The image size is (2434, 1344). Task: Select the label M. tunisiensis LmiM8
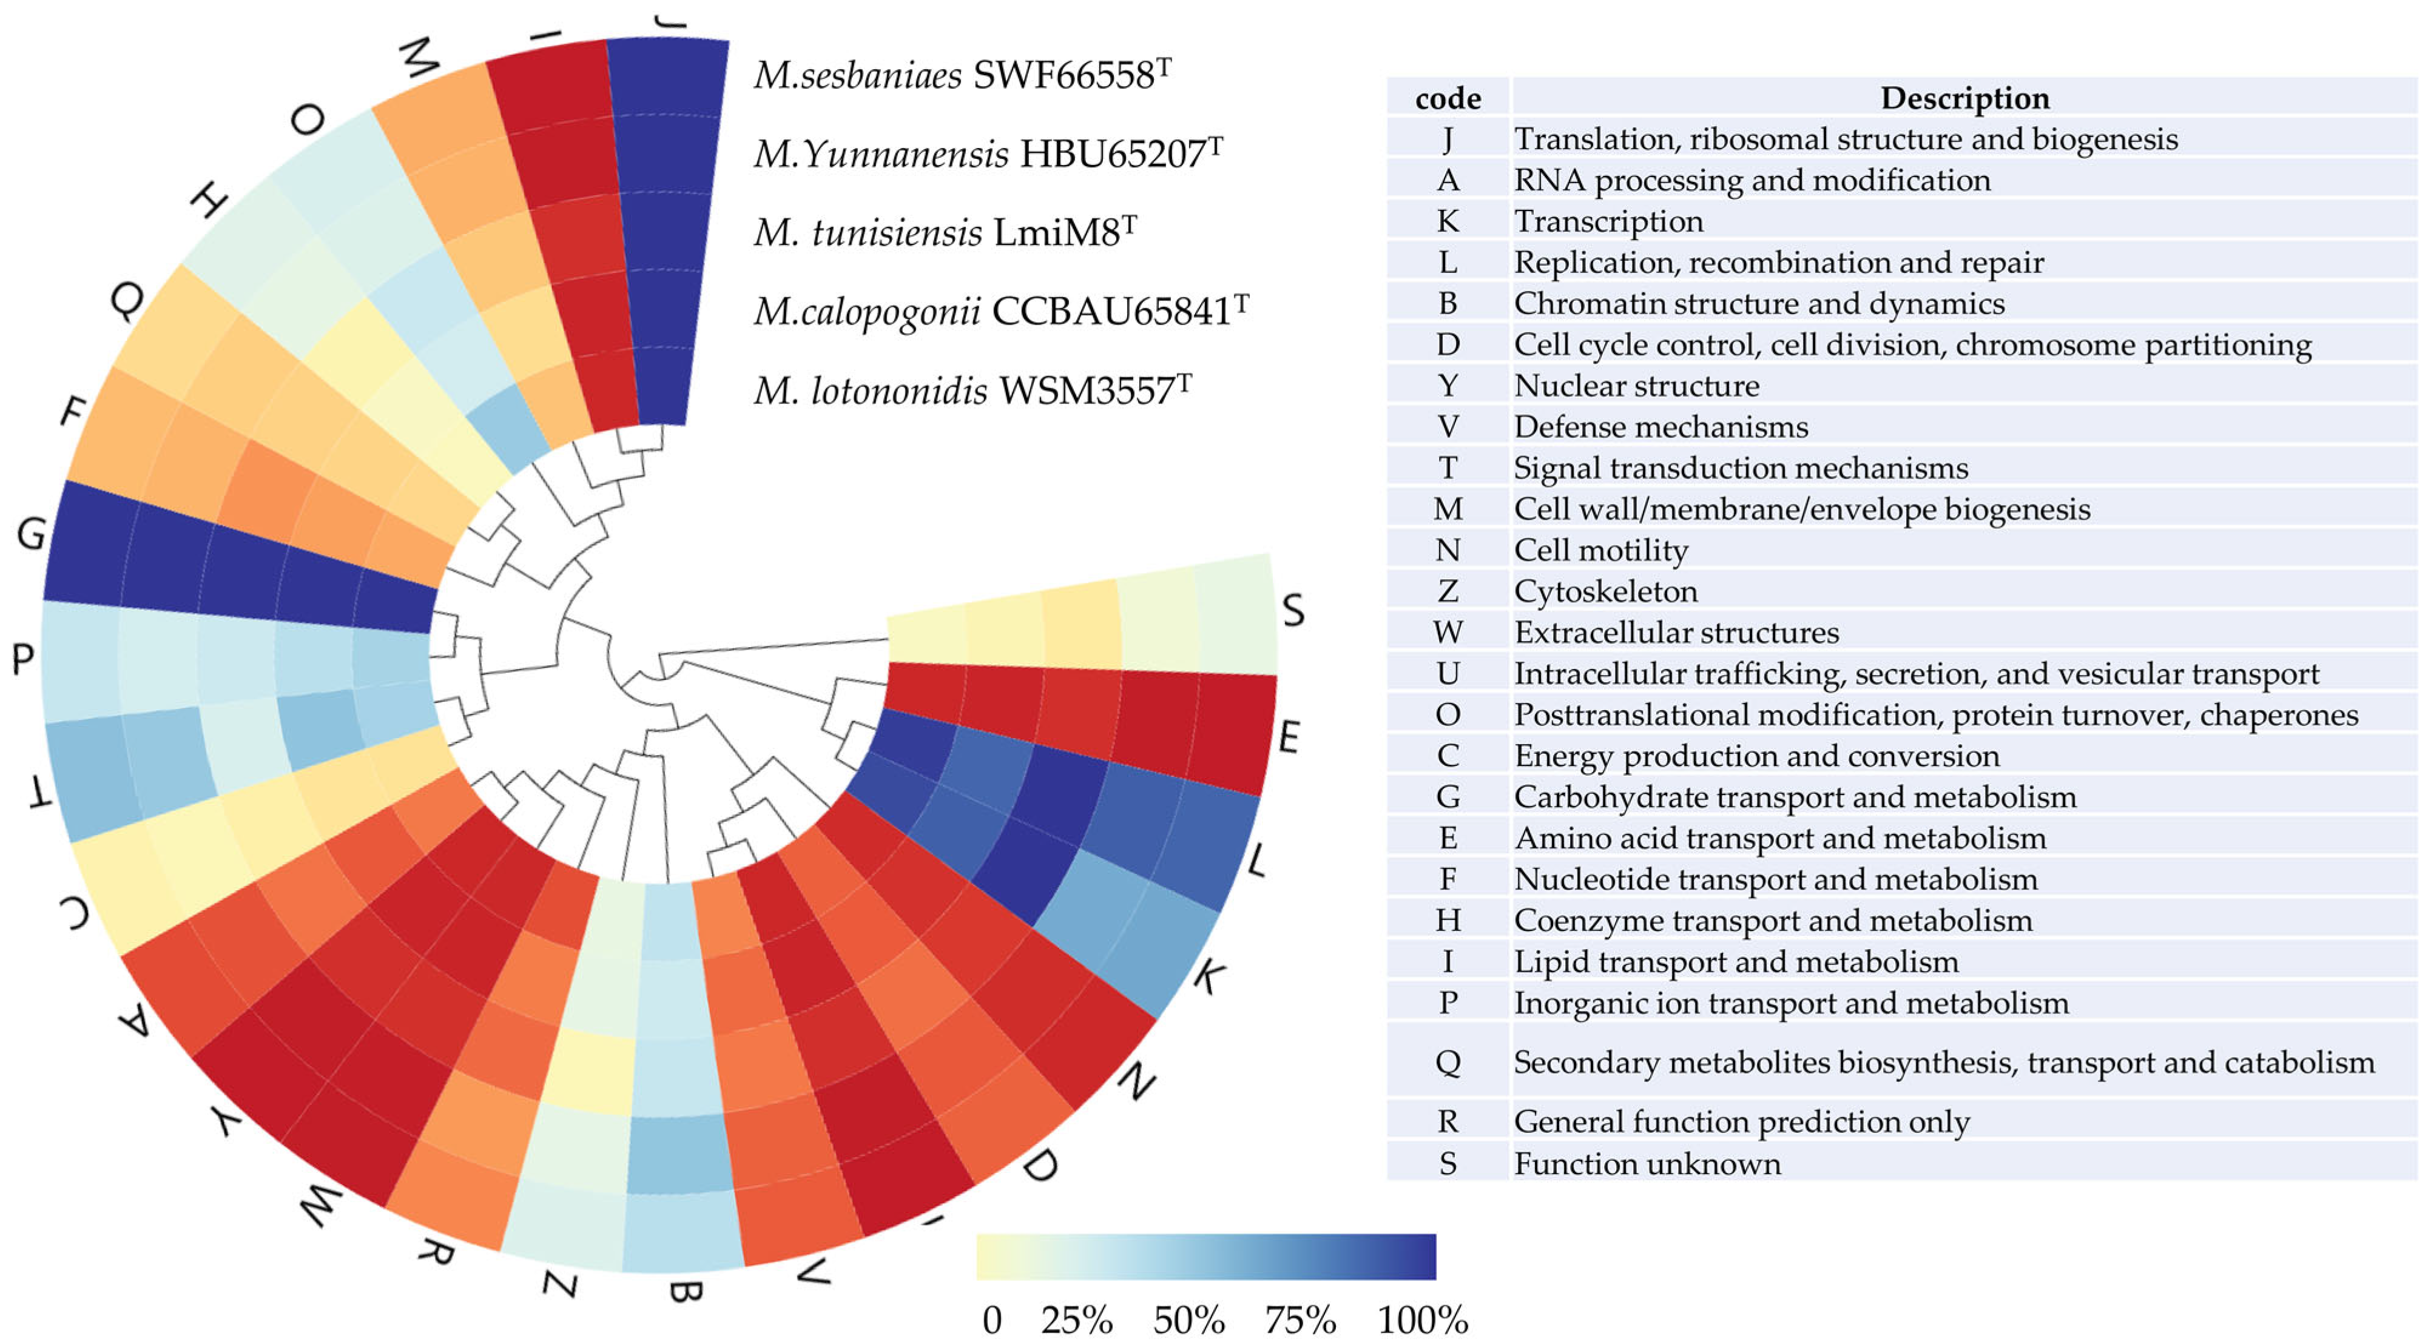click(x=944, y=232)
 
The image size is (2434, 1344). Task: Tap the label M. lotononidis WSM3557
click(x=971, y=390)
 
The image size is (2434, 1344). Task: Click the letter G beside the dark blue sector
click(x=30, y=534)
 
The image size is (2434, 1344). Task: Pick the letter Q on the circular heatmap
click(x=127, y=300)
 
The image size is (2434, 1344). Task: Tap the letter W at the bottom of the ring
click(x=319, y=1205)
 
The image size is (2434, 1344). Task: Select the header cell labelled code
click(x=1448, y=98)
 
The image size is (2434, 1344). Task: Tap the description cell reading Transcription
click(x=1608, y=221)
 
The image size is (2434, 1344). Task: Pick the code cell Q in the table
click(x=1448, y=1061)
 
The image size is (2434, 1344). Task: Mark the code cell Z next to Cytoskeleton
click(x=1448, y=591)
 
